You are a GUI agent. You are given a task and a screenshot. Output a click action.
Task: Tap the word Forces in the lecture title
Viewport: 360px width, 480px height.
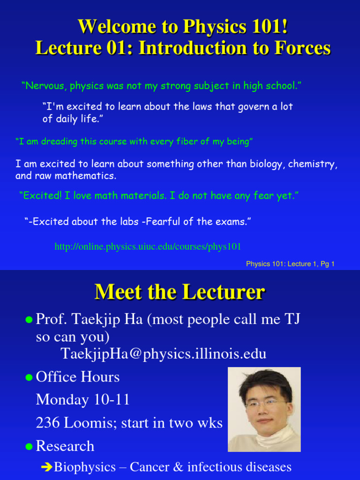306,48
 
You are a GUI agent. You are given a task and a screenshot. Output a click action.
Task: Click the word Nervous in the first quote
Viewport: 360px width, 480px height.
45,86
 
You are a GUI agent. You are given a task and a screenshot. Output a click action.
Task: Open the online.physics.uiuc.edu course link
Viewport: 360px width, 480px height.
148,246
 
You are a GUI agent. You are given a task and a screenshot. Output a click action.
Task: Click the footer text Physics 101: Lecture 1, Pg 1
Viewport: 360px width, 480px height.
290,264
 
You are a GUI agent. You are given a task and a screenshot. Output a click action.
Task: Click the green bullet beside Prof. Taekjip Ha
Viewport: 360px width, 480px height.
29,320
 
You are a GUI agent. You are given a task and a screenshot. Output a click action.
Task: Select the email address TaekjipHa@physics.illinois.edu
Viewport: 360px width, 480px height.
164,353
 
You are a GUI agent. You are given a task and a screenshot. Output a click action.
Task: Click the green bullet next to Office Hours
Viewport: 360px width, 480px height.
29,377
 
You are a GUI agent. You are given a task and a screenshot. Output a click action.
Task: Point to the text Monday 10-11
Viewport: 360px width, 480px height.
82,400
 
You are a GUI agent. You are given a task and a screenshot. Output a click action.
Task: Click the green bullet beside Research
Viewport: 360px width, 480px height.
29,446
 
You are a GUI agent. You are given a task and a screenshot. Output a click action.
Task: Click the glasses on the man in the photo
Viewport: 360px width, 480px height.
263,403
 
